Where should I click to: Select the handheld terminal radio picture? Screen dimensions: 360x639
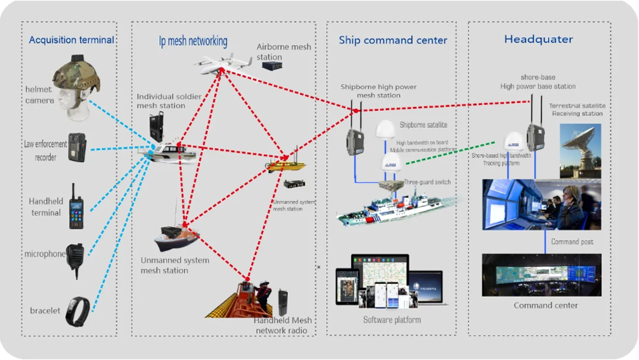(75, 201)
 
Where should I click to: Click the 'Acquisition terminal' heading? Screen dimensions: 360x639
(71, 40)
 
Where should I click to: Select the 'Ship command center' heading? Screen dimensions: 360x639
(393, 40)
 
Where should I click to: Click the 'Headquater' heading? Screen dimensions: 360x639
(539, 40)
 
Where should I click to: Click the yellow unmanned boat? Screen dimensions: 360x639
(287, 164)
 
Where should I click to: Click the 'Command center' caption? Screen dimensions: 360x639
(541, 305)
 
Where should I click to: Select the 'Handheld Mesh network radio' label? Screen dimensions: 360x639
(280, 326)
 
